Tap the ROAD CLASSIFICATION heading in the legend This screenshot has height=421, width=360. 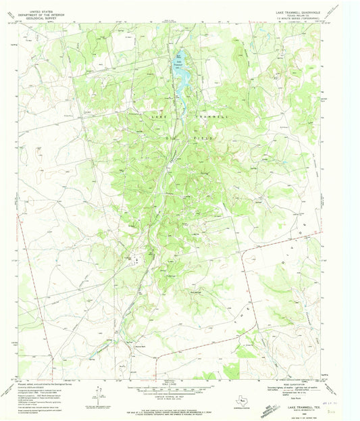click(x=292, y=382)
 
